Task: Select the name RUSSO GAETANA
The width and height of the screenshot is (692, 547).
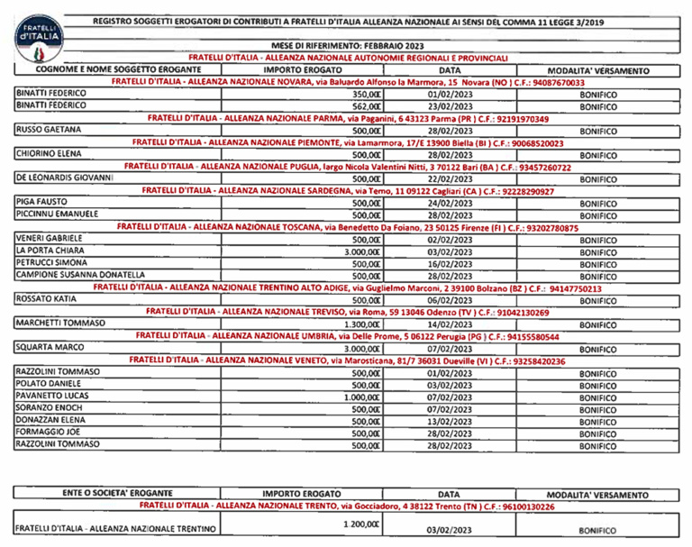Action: click(x=46, y=130)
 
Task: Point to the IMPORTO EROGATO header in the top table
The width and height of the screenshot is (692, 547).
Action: click(x=301, y=69)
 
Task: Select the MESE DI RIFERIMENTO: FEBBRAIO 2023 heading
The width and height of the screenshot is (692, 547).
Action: click(x=361, y=45)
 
